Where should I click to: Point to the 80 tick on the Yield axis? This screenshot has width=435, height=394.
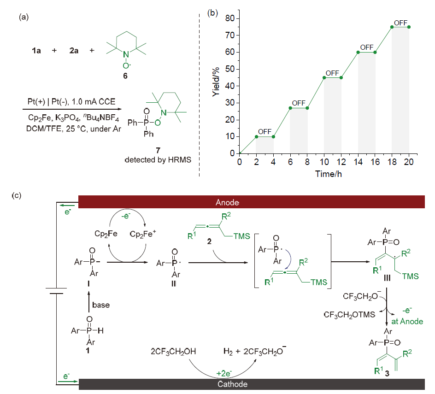229,18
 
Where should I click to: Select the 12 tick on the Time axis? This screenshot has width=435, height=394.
341,162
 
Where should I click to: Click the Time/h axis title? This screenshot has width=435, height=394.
328,174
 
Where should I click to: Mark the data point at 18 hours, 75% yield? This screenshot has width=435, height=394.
392,27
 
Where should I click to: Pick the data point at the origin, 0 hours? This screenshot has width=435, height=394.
240,153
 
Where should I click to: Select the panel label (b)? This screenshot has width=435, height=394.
212,12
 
